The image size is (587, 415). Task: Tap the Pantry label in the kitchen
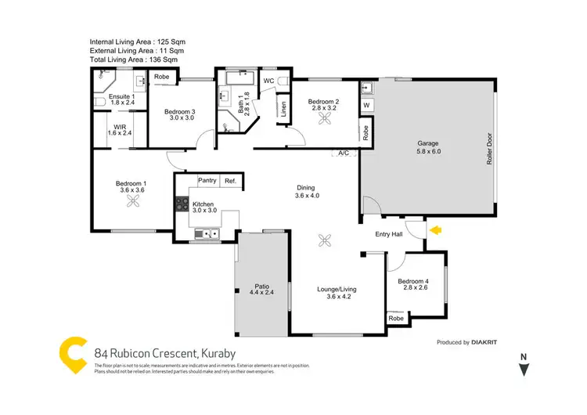(x=207, y=181)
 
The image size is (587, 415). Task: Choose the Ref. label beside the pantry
(x=230, y=181)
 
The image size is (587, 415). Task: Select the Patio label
(x=261, y=287)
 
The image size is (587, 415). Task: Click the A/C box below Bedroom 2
(x=343, y=153)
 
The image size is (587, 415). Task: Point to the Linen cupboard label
(x=283, y=110)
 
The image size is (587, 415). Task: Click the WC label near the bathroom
(x=268, y=81)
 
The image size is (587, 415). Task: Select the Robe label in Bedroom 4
(x=396, y=318)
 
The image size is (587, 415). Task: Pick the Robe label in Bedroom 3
(x=163, y=77)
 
